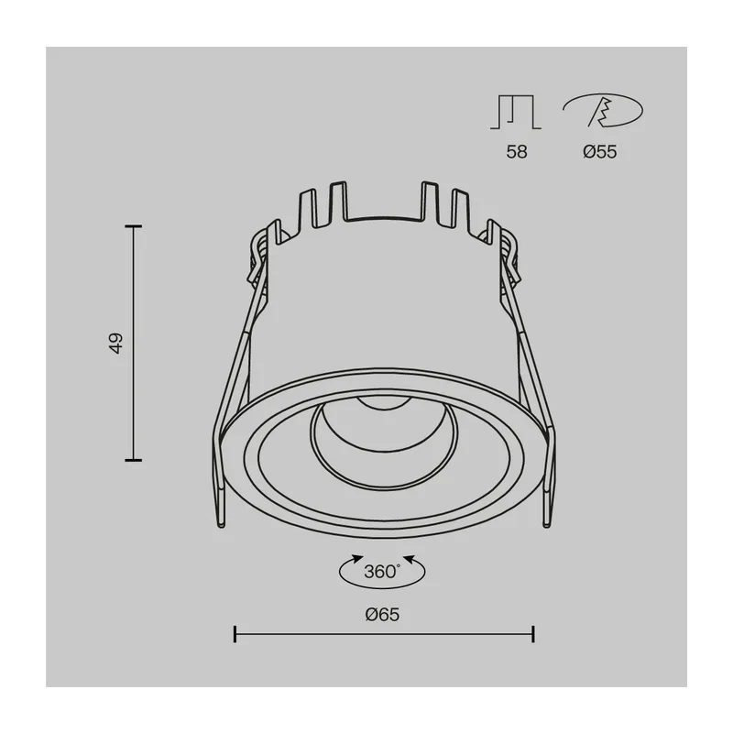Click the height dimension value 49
[x=116, y=343]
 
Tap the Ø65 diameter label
[x=382, y=614]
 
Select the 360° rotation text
[x=382, y=571]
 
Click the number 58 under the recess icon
[x=517, y=152]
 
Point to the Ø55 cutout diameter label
[x=600, y=152]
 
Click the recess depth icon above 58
[x=516, y=112]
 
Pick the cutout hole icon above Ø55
[x=603, y=110]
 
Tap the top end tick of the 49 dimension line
[x=133, y=226]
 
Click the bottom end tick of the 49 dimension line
[x=133, y=460]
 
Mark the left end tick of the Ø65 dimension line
[x=235, y=634]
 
